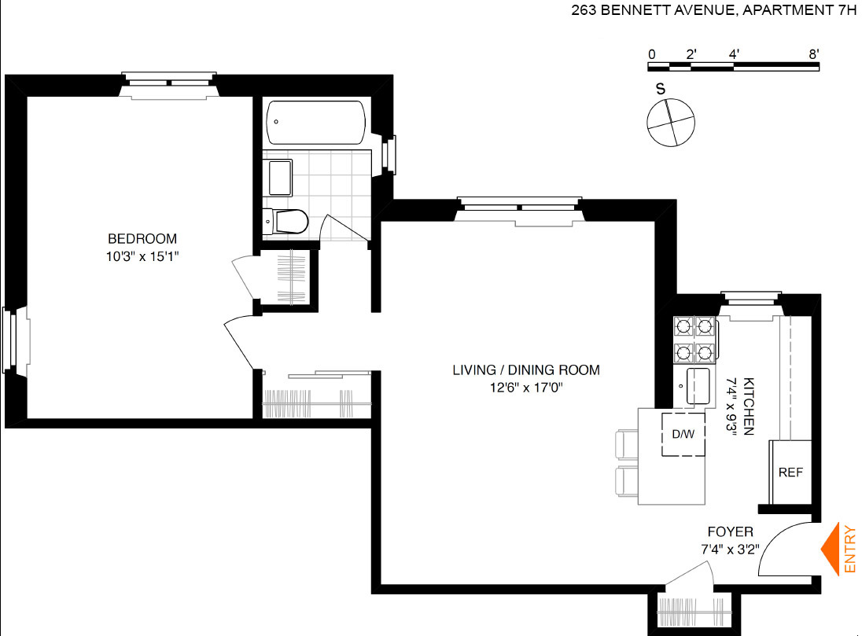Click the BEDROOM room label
point(142,238)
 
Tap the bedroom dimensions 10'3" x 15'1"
point(142,256)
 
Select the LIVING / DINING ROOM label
point(526,370)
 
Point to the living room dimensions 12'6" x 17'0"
point(526,388)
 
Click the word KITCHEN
point(748,406)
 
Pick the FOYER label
point(730,531)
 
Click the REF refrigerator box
point(790,472)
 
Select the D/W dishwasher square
point(683,434)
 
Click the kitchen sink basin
point(698,386)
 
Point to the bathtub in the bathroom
point(315,123)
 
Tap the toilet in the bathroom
point(285,222)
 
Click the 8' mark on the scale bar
point(814,54)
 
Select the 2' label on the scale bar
point(691,54)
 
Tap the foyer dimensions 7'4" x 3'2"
point(730,550)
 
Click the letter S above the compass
point(660,89)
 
